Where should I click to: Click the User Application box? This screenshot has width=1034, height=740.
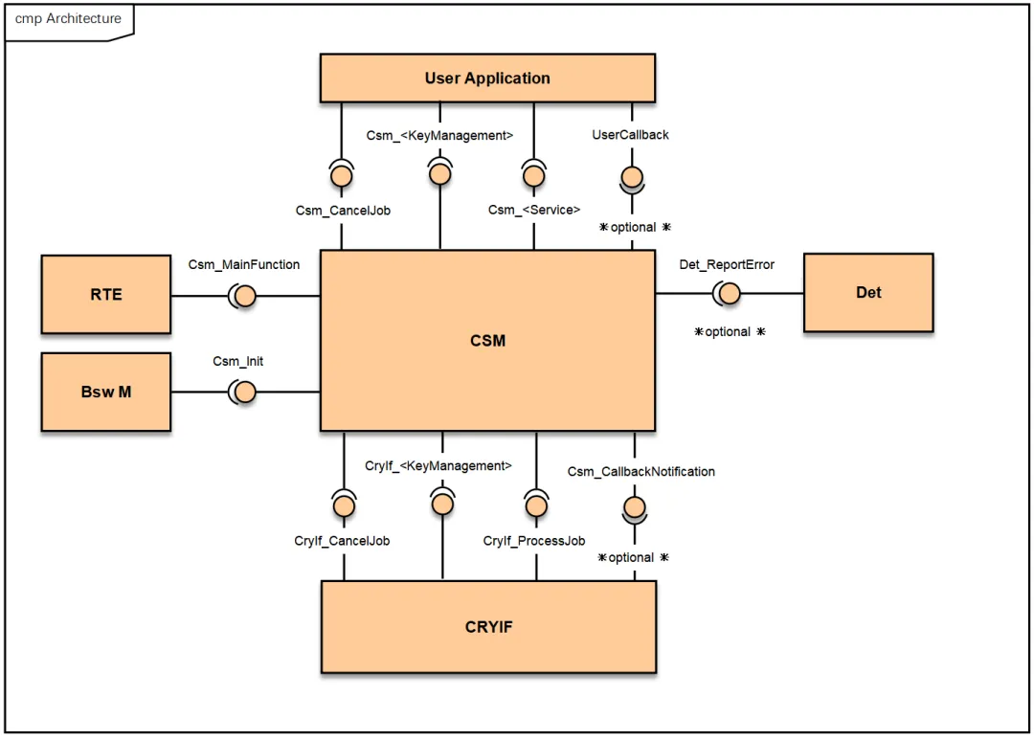487,78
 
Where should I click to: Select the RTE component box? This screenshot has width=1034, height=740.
105,294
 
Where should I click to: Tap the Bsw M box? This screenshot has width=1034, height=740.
105,392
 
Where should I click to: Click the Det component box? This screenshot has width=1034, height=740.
867,292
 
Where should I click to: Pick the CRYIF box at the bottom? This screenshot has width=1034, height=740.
488,627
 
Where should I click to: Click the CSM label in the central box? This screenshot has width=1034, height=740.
487,340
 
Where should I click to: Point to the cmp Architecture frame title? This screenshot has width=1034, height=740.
68,19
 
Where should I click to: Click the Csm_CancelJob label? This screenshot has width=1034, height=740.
342,210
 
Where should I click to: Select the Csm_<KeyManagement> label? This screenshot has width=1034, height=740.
439,135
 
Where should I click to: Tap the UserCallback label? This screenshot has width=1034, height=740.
630,135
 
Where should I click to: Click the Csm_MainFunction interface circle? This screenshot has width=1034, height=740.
244,296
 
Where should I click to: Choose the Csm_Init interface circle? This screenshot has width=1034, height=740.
244,392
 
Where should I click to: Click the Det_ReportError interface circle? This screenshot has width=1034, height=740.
729,294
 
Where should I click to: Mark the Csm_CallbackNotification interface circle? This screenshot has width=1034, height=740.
632,506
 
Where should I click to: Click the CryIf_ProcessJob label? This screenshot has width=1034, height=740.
533,541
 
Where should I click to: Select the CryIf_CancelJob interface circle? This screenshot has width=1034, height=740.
343,506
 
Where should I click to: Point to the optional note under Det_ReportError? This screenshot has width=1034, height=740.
729,331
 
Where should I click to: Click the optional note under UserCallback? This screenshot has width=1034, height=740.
634,227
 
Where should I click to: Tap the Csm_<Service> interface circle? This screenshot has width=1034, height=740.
533,176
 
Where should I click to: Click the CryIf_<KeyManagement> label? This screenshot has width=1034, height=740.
438,465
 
